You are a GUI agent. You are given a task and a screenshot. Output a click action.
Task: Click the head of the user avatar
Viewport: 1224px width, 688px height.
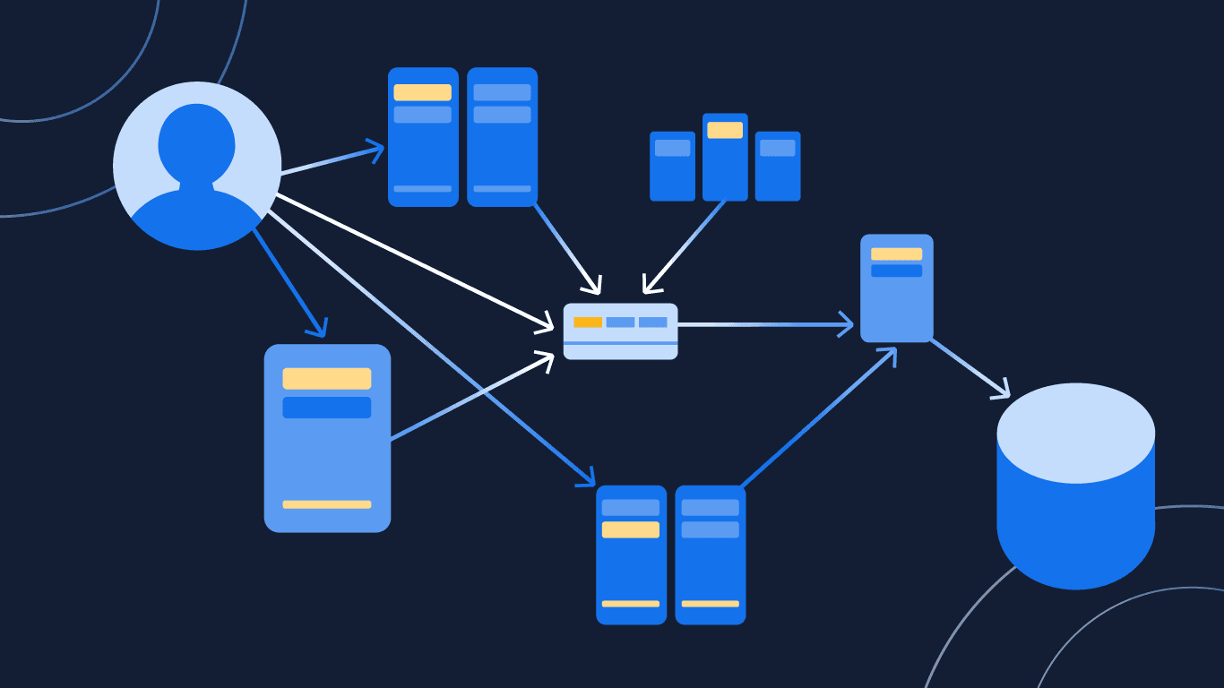[x=196, y=143]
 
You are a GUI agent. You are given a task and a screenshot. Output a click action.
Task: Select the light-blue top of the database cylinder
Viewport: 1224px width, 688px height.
[x=1075, y=433]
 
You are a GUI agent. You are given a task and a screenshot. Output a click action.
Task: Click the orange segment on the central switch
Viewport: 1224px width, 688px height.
[x=588, y=322]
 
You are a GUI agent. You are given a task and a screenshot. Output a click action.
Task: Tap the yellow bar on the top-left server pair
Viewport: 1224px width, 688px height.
[x=422, y=92]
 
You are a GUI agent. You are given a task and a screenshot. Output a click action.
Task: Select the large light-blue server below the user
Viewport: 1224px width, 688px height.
[x=327, y=448]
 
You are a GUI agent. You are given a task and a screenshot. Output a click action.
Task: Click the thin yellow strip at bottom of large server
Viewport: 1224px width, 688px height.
[x=326, y=504]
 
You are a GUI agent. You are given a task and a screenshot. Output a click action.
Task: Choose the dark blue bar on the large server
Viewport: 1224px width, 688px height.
[x=326, y=408]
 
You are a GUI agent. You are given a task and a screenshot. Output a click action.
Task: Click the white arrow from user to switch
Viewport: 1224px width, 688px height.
[x=412, y=259]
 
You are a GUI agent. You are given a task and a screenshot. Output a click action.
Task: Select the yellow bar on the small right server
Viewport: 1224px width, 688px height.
[x=896, y=254]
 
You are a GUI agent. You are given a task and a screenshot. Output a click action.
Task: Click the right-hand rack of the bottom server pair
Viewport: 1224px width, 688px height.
[x=710, y=555]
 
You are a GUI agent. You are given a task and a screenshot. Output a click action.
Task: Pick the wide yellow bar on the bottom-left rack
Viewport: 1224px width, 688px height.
[x=630, y=529]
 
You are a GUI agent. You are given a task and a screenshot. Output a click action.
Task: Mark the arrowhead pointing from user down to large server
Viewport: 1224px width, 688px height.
[x=317, y=328]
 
